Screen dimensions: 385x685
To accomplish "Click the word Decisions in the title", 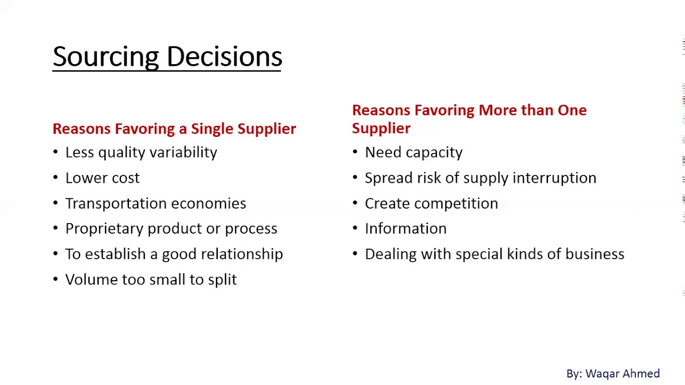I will (224, 57).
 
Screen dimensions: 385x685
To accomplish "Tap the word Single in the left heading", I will (212, 129).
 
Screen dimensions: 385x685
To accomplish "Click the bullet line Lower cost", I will (102, 178).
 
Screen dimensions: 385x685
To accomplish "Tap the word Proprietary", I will (104, 229).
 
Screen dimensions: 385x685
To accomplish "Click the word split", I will (222, 280).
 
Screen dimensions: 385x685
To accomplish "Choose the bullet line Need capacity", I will (413, 152).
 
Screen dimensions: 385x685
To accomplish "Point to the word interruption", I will (554, 178).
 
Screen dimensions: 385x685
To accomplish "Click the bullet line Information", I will (405, 229).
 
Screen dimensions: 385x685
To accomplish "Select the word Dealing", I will (390, 254).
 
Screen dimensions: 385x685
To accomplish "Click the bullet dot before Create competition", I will (355, 204).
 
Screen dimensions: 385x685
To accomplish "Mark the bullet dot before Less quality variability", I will (55, 152).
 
